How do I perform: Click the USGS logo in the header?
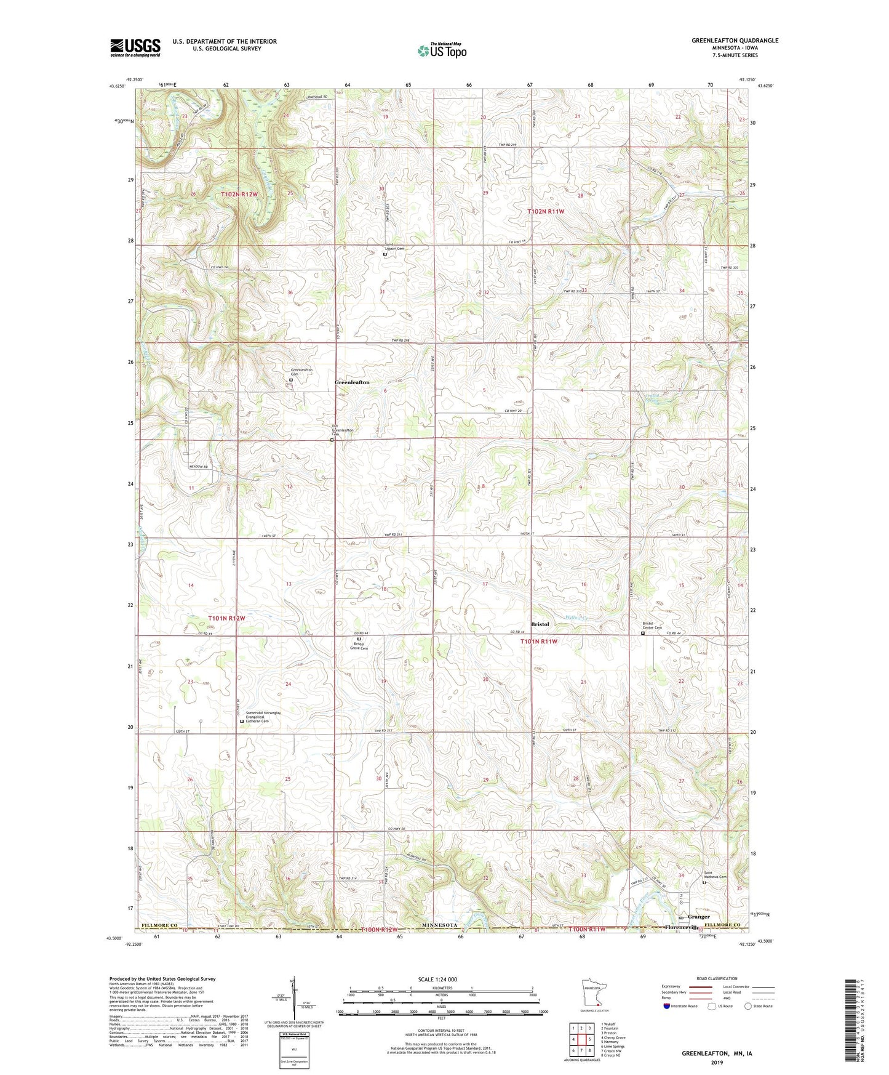coord(135,47)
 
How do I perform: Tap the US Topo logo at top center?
coord(442,50)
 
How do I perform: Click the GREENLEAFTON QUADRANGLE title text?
coord(735,41)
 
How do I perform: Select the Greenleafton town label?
coord(352,382)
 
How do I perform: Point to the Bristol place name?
coord(540,624)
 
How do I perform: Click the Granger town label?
coord(698,917)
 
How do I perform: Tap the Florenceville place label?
coord(682,927)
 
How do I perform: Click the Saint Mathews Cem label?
coord(716,875)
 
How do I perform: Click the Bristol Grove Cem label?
coord(359,646)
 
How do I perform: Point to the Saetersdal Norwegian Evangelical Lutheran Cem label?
coord(262,717)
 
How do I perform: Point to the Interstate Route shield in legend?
coord(668,1006)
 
